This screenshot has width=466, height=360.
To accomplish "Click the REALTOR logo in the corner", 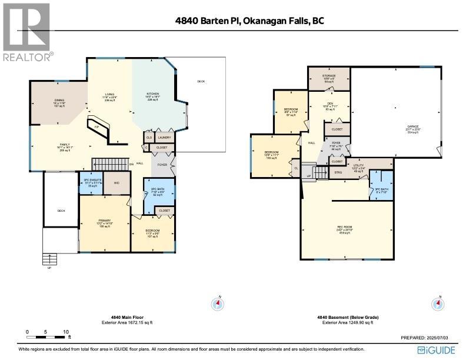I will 27,32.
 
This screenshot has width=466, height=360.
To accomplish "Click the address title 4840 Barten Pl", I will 249,21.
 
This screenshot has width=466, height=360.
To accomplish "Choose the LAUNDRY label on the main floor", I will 164,137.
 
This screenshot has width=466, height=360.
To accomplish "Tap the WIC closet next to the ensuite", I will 117,183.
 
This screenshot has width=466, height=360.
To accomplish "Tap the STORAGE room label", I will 329,76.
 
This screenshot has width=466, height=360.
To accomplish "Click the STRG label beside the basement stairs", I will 338,172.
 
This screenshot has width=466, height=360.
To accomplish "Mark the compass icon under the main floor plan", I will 218,304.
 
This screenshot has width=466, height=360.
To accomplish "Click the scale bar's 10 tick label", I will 66,332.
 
